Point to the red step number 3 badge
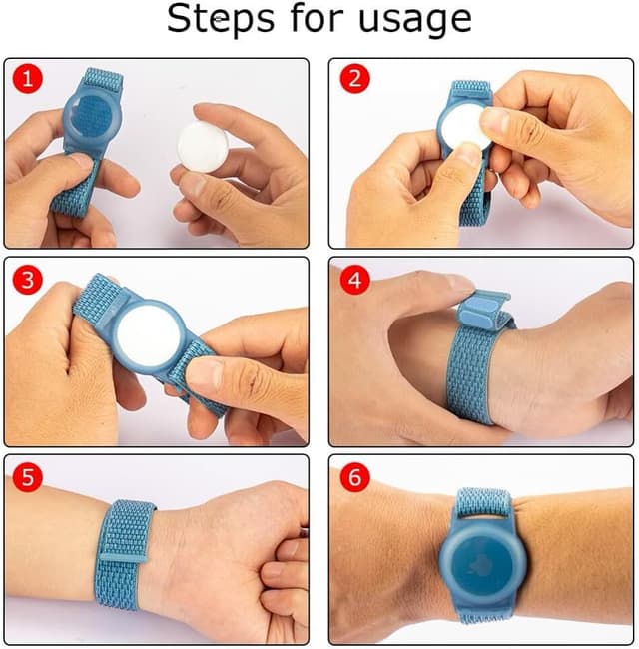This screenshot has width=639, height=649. [27, 280]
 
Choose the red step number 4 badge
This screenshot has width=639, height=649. [353, 280]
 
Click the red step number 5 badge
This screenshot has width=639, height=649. [27, 477]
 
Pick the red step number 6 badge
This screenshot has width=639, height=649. [353, 477]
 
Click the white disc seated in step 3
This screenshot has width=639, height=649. [147, 330]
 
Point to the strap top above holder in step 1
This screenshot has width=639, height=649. [103, 80]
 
